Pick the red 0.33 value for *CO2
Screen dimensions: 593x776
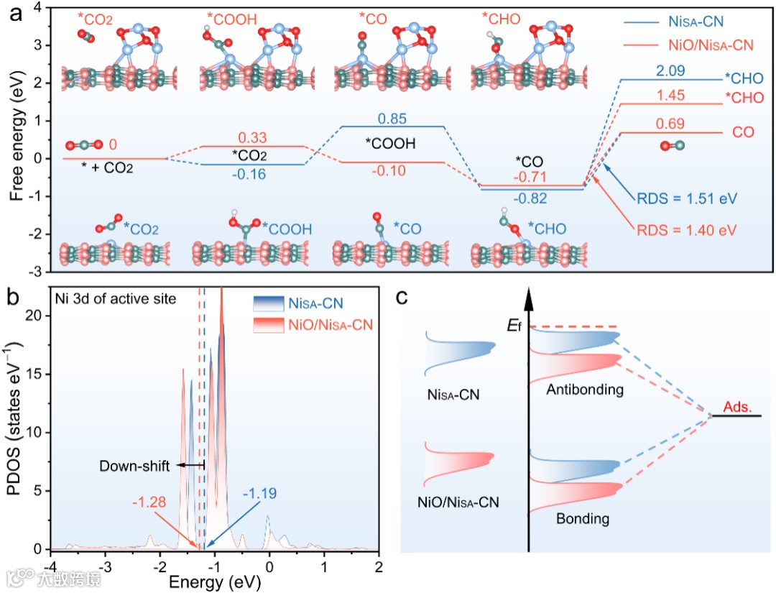point(255,137)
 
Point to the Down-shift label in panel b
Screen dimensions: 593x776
point(135,466)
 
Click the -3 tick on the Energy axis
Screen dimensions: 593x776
point(105,565)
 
